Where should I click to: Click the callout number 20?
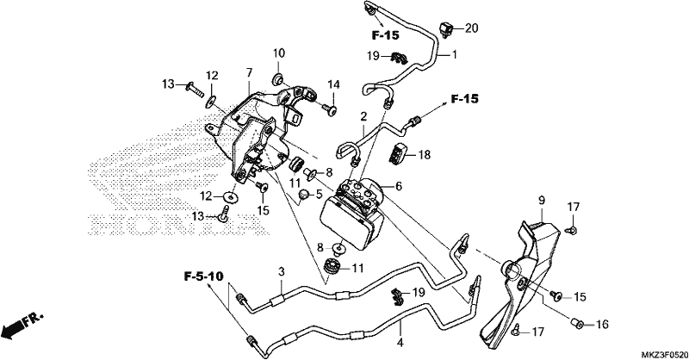point(471,28)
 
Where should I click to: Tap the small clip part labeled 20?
point(446,30)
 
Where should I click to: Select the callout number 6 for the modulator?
point(399,186)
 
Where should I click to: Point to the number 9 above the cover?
point(542,201)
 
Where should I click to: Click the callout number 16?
point(602,325)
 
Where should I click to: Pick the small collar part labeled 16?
point(577,324)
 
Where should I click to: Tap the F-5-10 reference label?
point(203,276)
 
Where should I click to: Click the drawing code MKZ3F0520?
point(663,354)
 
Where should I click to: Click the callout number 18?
point(424,155)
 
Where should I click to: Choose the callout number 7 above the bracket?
point(249,72)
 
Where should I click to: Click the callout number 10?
point(278,53)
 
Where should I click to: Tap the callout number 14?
point(333,85)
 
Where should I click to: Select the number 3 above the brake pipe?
point(282,271)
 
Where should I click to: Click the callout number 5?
point(319,194)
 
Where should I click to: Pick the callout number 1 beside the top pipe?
point(455,55)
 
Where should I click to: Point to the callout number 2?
point(363,117)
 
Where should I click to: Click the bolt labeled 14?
point(329,109)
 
